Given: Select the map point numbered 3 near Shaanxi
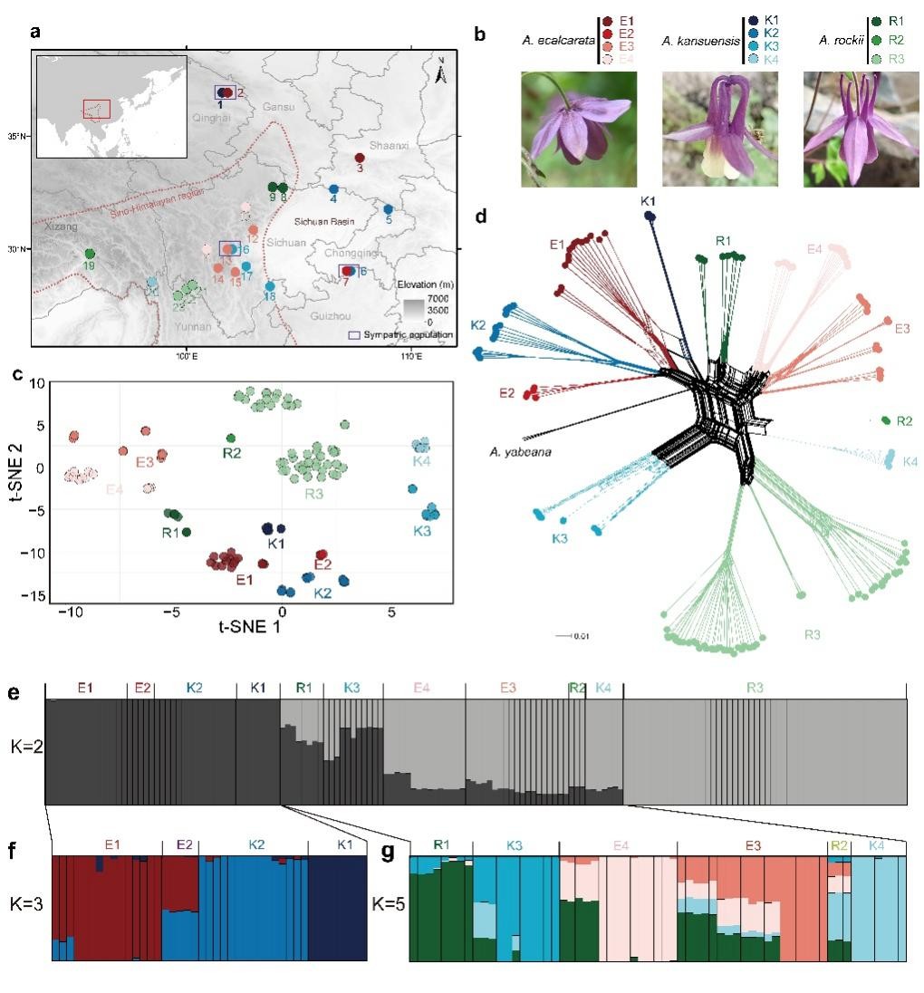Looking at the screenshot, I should pos(360,159).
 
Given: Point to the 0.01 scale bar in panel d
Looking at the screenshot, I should pos(573,636).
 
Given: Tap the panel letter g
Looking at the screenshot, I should pos(389,853).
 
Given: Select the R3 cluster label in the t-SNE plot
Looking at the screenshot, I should pos(314,494).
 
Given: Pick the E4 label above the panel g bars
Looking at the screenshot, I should pos(621,845).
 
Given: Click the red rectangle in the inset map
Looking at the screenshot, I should pos(96,109).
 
